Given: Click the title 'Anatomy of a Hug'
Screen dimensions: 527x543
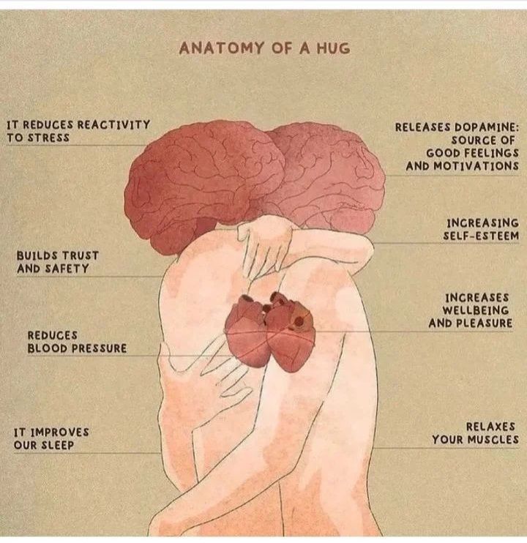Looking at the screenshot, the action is click(x=264, y=48).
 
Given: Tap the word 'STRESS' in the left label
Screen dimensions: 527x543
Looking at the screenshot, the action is click(x=48, y=138).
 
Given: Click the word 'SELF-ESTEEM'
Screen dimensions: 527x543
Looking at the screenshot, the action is click(x=481, y=236).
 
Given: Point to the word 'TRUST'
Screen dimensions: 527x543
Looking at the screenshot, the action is click(x=81, y=255).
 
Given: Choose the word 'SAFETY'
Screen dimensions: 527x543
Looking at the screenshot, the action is click(x=67, y=269).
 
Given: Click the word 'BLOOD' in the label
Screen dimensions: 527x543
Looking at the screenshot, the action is click(x=48, y=348).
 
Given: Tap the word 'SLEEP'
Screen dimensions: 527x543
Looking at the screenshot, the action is click(x=58, y=445).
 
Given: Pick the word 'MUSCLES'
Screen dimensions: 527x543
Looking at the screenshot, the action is click(x=493, y=440).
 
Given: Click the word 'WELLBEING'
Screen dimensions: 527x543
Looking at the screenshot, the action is click(x=476, y=310).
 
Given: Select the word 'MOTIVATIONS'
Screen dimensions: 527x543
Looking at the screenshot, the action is click(x=476, y=166).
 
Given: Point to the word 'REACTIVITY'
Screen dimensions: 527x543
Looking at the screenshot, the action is click(x=113, y=124).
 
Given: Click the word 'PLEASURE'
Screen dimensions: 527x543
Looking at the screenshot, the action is click(x=485, y=323).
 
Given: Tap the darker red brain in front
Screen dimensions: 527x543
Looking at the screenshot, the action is click(x=205, y=184).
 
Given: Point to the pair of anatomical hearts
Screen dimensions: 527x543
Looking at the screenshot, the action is click(x=270, y=332).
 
